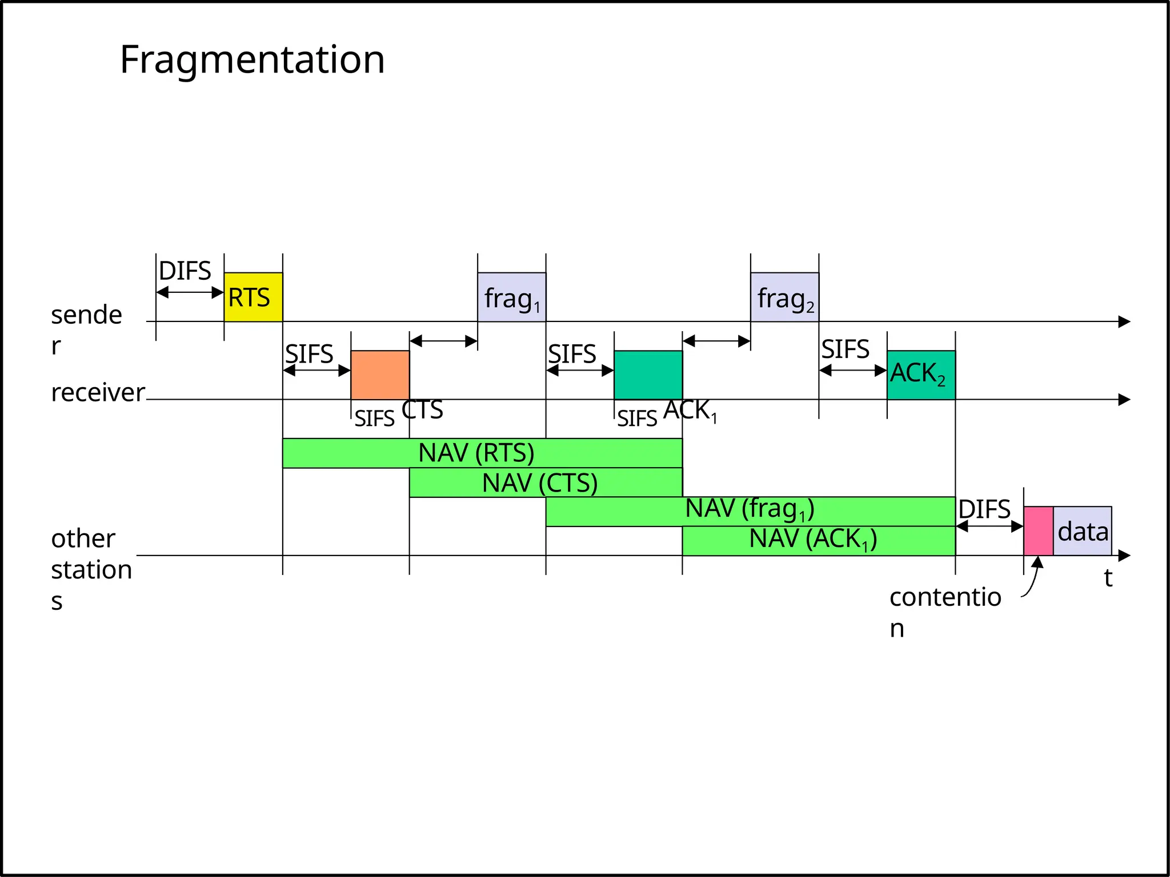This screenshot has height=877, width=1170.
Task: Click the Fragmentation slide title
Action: tap(252, 59)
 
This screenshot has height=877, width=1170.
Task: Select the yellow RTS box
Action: tap(253, 297)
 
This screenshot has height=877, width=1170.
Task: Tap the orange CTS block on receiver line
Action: tap(380, 375)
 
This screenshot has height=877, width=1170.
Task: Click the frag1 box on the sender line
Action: tap(511, 297)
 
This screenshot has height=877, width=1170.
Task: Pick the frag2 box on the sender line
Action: tap(784, 297)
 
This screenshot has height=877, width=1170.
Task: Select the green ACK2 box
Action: tap(920, 375)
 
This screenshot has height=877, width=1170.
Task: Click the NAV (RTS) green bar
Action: tap(482, 453)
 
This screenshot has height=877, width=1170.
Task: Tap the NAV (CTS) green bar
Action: tap(545, 483)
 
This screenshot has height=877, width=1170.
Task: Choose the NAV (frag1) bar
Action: tap(750, 510)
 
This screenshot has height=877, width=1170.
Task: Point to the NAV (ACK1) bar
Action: tap(818, 540)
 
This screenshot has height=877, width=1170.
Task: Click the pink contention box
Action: tap(1038, 530)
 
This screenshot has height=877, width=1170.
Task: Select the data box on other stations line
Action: tap(1083, 531)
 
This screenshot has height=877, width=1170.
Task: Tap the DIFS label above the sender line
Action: tap(185, 271)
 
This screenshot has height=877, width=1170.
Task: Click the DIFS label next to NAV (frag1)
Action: tap(984, 509)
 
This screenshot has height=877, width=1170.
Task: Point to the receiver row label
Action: tap(98, 393)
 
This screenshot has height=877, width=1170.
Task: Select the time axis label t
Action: tap(1108, 578)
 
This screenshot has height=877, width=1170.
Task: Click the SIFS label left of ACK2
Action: tap(845, 349)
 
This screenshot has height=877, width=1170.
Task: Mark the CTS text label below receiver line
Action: tap(422, 410)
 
